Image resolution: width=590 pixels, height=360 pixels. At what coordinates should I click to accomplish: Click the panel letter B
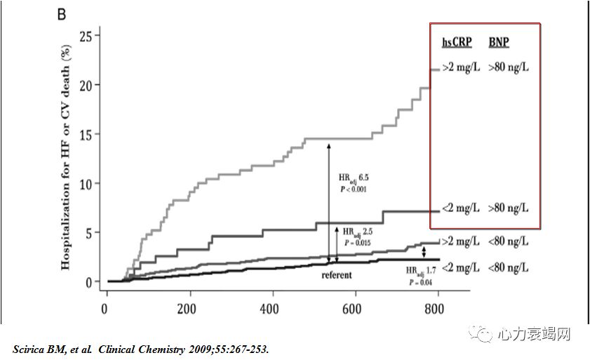pos(62,14)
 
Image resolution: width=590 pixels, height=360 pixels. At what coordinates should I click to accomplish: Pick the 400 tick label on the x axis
pos(271,309)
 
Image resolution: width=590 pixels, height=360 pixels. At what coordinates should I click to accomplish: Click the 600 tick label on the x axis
pos(354,309)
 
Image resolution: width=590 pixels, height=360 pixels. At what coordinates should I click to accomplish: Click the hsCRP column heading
pos(457,43)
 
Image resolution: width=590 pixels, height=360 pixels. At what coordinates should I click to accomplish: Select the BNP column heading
pos(499,43)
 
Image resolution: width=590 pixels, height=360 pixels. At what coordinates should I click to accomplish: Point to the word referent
pos(337,275)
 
